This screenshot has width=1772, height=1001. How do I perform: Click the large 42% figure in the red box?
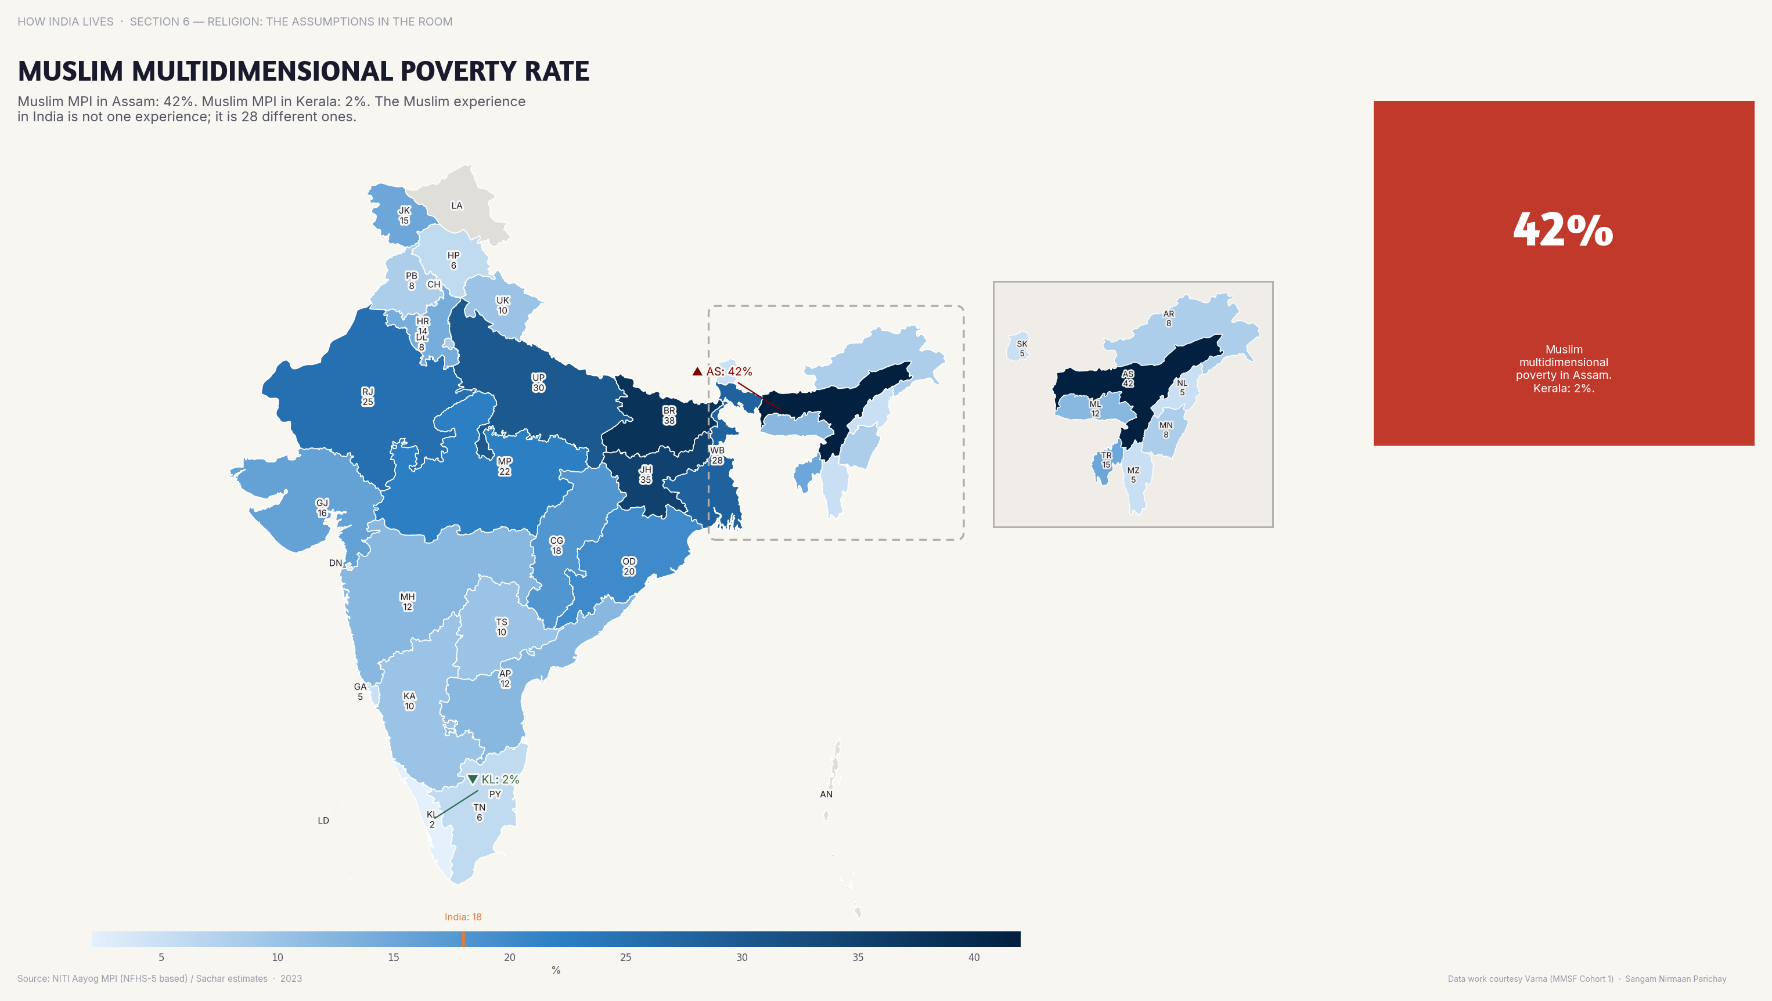pos(1563,230)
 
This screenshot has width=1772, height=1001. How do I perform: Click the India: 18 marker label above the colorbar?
pos(463,917)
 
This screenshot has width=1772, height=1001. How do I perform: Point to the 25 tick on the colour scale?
pos(625,957)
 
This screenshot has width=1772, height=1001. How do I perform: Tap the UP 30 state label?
pos(539,382)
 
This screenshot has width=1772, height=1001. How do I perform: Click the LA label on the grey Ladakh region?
pos(457,205)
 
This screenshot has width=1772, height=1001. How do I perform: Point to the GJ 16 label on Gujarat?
pos(322,507)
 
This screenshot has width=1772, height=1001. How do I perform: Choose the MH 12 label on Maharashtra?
pos(407,602)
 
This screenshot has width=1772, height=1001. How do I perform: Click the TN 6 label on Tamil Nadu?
pos(480,812)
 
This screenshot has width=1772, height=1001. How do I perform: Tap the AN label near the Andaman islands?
pos(826,794)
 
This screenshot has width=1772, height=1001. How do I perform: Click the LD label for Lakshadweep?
pos(323,820)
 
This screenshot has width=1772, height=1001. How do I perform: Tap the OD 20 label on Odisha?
pos(629,566)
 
